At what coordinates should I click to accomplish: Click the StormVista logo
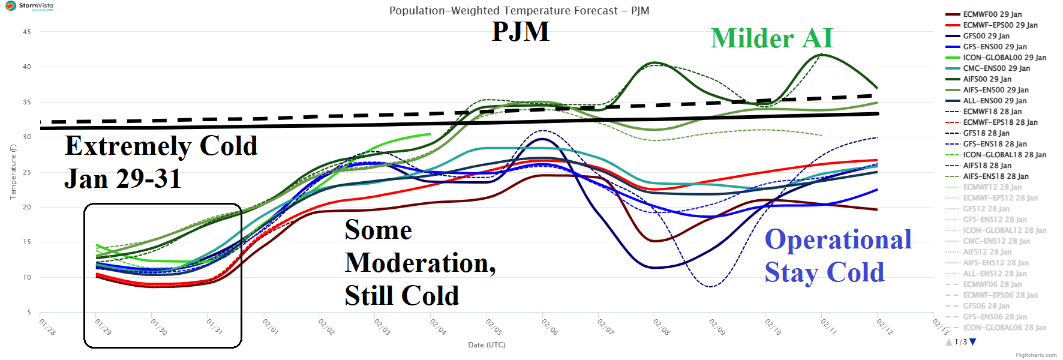tap(29, 6)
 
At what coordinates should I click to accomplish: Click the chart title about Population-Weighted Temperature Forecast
tap(519, 11)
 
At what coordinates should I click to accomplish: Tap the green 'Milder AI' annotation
tap(771, 38)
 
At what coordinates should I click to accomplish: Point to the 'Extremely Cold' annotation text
tap(161, 146)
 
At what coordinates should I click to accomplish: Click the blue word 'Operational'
tap(838, 239)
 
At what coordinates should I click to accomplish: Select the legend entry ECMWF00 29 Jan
tap(992, 14)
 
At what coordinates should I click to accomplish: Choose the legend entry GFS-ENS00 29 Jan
tap(995, 47)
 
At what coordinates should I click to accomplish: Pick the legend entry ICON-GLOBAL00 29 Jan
tap(1004, 58)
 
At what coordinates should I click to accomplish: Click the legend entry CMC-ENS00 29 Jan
tap(996, 68)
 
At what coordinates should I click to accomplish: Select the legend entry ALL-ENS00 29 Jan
tap(995, 101)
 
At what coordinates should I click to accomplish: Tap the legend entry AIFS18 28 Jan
tap(987, 166)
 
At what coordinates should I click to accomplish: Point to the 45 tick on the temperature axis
tap(27, 32)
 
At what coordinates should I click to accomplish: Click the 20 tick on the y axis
tap(27, 207)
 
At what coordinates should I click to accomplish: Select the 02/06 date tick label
tap(549, 327)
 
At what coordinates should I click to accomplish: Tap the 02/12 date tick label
tap(884, 327)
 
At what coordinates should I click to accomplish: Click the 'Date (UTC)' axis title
tap(487, 345)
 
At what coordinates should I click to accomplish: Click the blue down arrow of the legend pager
tap(973, 342)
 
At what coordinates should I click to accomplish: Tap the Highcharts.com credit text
tap(1036, 355)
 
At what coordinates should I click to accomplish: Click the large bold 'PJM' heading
tap(520, 31)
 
